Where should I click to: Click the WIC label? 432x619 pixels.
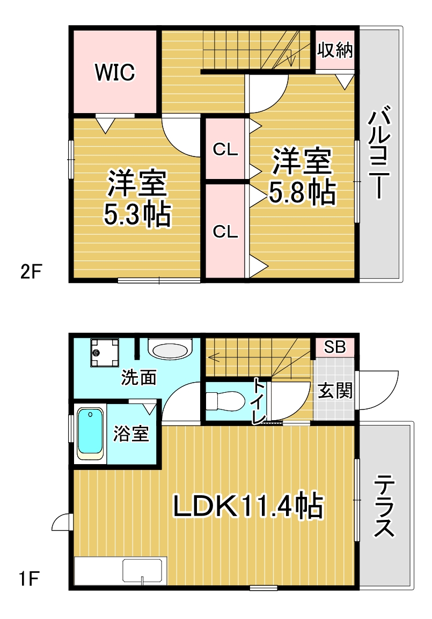(115, 72)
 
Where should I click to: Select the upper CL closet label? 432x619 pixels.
(225, 150)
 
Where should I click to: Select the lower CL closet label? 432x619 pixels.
(225, 232)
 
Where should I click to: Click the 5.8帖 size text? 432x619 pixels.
(302, 193)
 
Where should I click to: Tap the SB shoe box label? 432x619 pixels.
(335, 347)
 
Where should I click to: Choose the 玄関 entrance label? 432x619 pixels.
(335, 391)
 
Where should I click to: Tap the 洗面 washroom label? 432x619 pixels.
(138, 377)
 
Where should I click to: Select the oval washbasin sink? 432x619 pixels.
(169, 350)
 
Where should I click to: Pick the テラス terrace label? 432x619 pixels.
(384, 506)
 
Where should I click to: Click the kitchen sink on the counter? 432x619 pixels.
(142, 571)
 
